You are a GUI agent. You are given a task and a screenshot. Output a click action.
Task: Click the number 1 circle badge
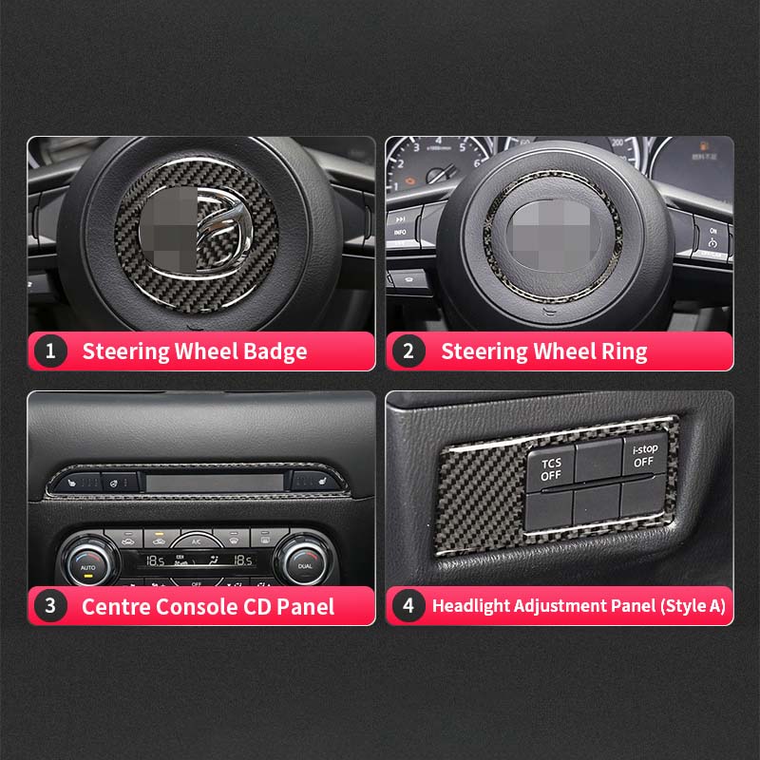pyautogui.click(x=50, y=351)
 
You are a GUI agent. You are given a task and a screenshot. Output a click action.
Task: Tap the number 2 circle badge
pyautogui.click(x=408, y=351)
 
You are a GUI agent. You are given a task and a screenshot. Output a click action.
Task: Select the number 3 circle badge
pyautogui.click(x=50, y=606)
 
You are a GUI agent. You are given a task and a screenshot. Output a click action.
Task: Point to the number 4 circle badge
pyautogui.click(x=408, y=606)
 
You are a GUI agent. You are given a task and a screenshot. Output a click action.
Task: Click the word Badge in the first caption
pyautogui.click(x=270, y=351)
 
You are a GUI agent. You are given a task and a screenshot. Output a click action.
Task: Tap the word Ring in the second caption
pyautogui.click(x=622, y=351)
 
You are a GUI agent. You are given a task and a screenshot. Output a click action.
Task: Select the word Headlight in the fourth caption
pyautogui.click(x=469, y=606)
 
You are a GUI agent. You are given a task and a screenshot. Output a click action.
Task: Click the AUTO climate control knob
pyautogui.click(x=88, y=562)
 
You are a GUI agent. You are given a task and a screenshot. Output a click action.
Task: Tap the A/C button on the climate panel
pyautogui.click(x=196, y=540)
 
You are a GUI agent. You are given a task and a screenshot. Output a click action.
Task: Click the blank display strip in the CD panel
pyautogui.click(x=216, y=483)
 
